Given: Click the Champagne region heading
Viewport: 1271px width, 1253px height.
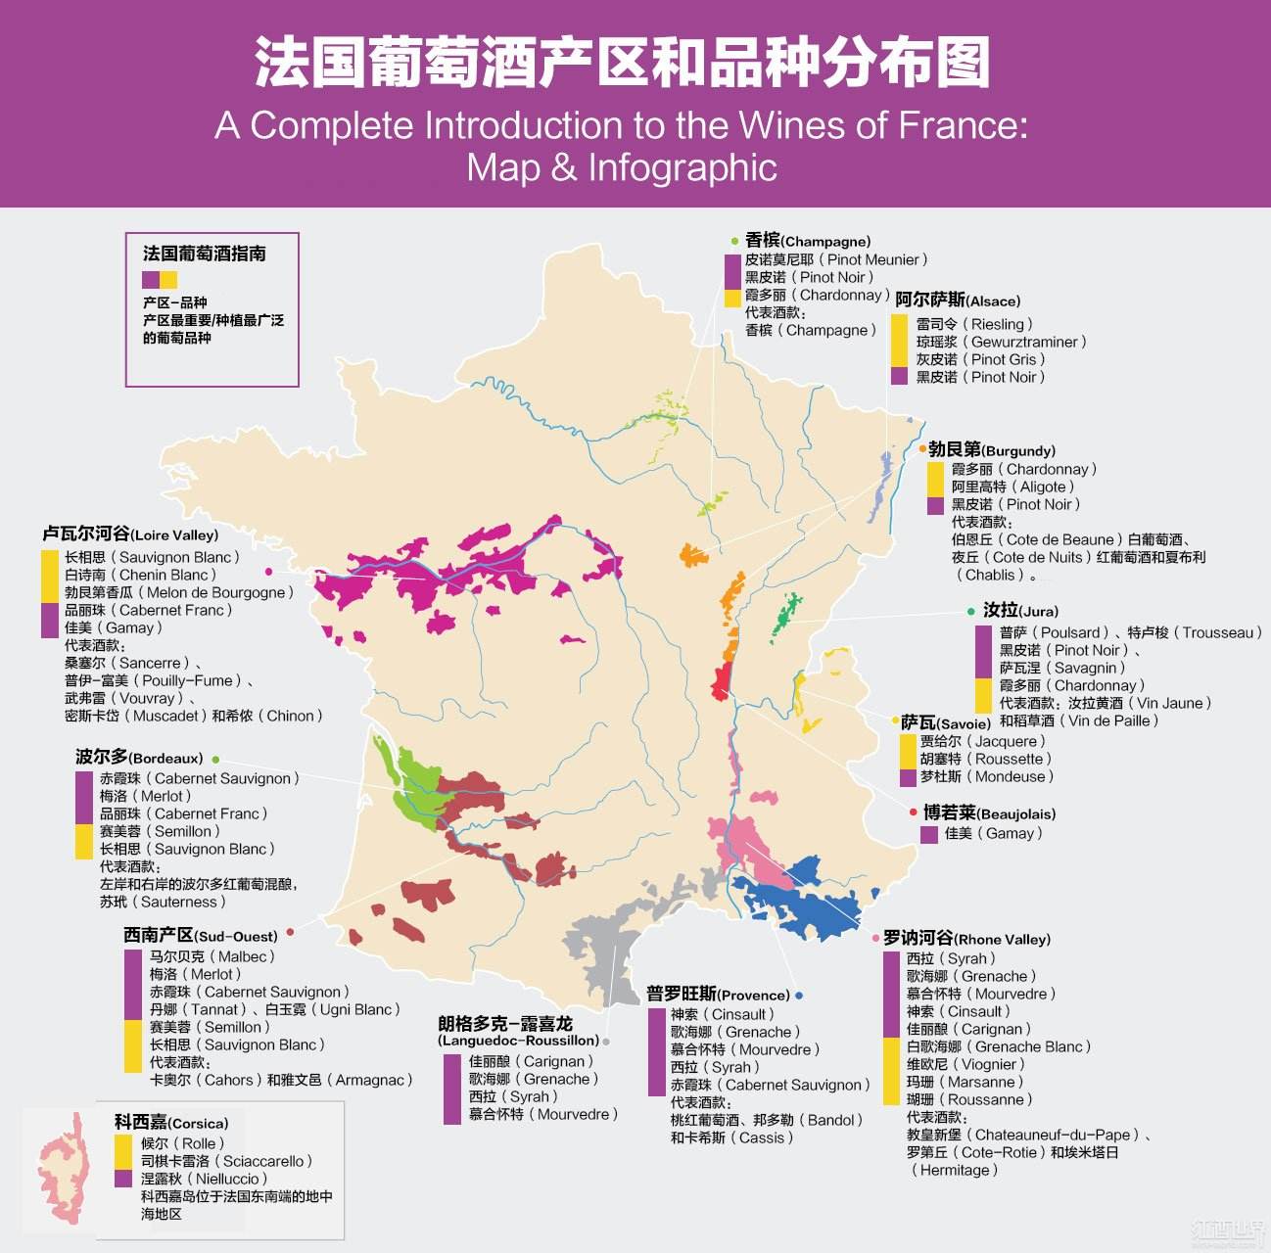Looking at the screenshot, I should (x=807, y=240).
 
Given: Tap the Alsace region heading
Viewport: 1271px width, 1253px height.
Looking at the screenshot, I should (x=957, y=300).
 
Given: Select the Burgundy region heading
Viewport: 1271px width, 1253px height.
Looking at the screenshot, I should (x=991, y=449).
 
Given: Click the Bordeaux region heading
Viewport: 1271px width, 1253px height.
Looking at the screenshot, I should (x=138, y=757).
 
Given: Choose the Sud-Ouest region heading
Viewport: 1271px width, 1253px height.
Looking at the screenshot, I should (x=200, y=935).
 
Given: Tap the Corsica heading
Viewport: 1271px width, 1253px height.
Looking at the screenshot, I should (x=170, y=1122).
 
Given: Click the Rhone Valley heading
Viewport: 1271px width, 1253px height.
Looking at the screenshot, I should (x=965, y=938).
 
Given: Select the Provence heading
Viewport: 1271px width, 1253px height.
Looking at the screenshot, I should (x=717, y=994).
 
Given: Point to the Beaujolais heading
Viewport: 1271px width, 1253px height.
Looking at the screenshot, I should (x=988, y=812).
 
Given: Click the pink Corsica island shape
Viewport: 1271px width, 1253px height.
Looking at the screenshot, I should (x=61, y=1170).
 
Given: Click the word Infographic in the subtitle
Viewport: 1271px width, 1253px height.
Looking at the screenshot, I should (x=682, y=167).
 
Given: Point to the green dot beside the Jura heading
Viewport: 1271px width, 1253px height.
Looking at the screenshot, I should (x=970, y=611).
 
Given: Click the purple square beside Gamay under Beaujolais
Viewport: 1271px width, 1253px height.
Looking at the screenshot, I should (x=929, y=834).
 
